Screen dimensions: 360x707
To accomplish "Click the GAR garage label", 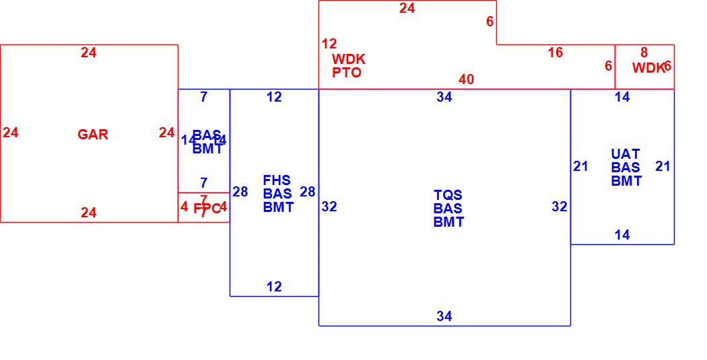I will (x=93, y=135).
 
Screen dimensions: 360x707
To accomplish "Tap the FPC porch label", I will (x=207, y=209).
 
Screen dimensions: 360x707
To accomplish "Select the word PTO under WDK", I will (x=347, y=73).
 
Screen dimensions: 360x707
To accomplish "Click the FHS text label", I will (x=277, y=180).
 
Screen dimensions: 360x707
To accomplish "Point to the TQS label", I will (x=448, y=195).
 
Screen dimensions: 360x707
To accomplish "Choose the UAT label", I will (x=626, y=154).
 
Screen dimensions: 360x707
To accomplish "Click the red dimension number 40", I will (x=466, y=79).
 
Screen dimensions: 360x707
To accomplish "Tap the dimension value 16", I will (x=555, y=52).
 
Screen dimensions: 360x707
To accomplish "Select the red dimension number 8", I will (x=644, y=52).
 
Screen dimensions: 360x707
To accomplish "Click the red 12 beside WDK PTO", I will (x=329, y=44).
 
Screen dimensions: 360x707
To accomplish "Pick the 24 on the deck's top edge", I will (x=407, y=8).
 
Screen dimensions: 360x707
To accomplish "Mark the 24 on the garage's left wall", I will (x=11, y=133).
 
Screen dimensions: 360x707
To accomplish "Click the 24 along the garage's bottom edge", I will (x=89, y=213).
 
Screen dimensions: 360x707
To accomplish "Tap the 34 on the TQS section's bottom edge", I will (x=444, y=316).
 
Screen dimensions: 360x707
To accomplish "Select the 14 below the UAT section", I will (x=622, y=235).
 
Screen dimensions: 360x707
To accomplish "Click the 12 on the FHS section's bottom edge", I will (x=274, y=287).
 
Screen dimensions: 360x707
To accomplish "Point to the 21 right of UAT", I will (x=663, y=166).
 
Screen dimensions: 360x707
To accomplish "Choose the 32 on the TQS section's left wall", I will (x=329, y=207).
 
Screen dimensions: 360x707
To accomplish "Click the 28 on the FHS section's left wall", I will (x=240, y=192).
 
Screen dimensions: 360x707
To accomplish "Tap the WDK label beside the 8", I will (x=648, y=68).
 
